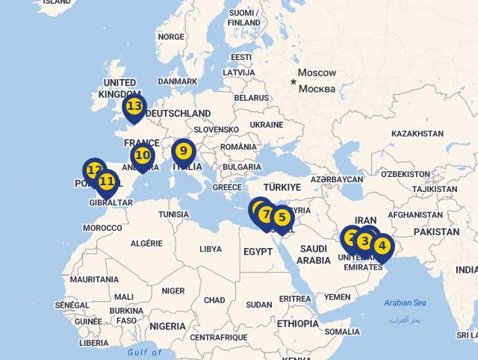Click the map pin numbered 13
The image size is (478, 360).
[134, 107]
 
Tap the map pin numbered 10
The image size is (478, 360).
[142, 156]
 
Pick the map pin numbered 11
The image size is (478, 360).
[107, 181]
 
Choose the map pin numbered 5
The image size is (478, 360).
[282, 218]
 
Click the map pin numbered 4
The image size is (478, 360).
[382, 246]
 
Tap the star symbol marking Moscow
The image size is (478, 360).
[293, 81]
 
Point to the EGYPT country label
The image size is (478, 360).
[258, 252]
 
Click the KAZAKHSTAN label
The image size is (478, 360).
[417, 134]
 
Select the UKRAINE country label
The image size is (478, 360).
[266, 125]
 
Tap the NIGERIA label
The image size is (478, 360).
[167, 326]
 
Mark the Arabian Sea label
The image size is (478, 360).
[405, 302]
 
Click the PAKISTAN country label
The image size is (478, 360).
[437, 232]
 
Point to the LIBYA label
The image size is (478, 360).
[211, 249]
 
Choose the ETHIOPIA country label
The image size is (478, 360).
[297, 324]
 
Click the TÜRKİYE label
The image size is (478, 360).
[282, 187]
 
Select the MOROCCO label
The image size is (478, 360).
[102, 228]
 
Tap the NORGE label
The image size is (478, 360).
[171, 37]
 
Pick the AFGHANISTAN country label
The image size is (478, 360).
[415, 215]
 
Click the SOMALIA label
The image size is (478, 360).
[342, 332]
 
